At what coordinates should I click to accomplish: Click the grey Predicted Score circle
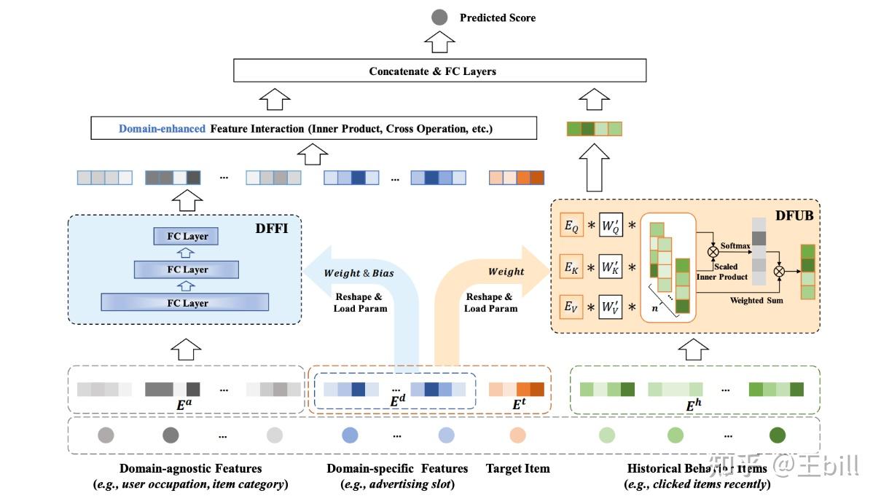[x=439, y=17]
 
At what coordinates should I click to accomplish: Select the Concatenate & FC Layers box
[x=439, y=71]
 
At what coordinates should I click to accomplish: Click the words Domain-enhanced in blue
[x=163, y=128]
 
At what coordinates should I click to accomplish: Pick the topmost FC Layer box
[x=187, y=236]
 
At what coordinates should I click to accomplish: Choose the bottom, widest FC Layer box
[x=185, y=302]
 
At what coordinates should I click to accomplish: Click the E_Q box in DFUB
[x=571, y=227]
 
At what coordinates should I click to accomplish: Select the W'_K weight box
[x=610, y=267]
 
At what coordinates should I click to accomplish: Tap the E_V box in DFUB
[x=571, y=307]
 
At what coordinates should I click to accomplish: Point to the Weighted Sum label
[x=756, y=300]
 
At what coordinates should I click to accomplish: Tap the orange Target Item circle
[x=517, y=435]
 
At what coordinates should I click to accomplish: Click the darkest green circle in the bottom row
[x=778, y=435]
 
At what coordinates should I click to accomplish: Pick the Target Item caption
[x=517, y=468]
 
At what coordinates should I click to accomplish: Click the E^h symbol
[x=693, y=405]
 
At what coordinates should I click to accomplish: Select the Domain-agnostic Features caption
[x=190, y=468]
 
